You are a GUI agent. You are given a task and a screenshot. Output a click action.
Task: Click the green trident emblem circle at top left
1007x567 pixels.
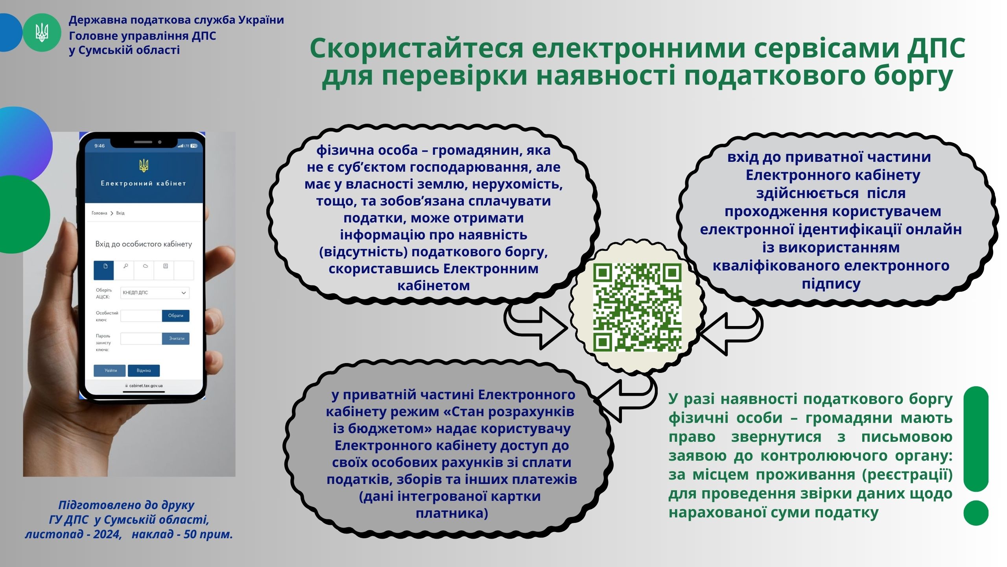pos(42,33)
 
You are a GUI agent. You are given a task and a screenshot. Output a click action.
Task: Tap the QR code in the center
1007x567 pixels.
pos(637,308)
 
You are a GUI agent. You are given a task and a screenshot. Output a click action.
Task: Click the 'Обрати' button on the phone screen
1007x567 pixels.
pos(175,315)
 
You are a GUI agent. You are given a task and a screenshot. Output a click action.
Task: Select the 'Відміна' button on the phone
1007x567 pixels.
pos(144,371)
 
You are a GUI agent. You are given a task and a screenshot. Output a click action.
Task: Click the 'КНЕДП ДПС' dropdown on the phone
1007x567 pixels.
pos(155,293)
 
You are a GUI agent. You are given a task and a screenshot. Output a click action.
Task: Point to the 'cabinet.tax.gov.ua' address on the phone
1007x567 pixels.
pos(144,385)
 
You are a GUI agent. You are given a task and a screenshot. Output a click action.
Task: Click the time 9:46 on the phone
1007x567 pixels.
pos(100,146)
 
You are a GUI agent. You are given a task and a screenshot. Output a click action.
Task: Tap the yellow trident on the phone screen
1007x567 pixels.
pos(144,165)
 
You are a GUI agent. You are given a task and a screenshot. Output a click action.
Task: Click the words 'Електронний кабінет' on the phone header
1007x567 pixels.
pos(144,183)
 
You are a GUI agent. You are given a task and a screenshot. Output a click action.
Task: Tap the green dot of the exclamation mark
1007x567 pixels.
pos(976,513)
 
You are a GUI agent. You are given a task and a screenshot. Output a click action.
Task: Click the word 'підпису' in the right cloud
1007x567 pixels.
pos(831,284)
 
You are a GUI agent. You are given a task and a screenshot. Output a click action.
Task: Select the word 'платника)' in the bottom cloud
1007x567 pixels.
pos(452,513)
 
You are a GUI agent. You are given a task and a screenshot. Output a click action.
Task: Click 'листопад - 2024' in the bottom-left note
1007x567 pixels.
pos(73,534)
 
